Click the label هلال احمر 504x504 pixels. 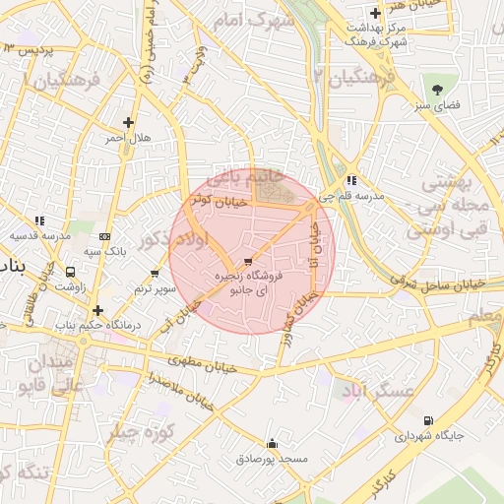(129, 138)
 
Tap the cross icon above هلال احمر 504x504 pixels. (128, 122)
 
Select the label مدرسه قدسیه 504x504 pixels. (40, 236)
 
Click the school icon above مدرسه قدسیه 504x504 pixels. (39, 221)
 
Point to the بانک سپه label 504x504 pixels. (105, 253)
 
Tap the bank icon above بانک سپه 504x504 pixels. (105, 237)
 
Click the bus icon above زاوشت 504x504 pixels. (70, 272)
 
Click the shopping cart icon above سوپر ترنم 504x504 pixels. (155, 273)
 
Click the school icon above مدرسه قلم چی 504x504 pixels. (351, 180)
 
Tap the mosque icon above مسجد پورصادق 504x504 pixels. (273, 443)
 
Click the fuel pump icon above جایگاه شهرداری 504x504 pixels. (427, 420)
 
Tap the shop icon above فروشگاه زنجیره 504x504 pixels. (246, 262)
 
